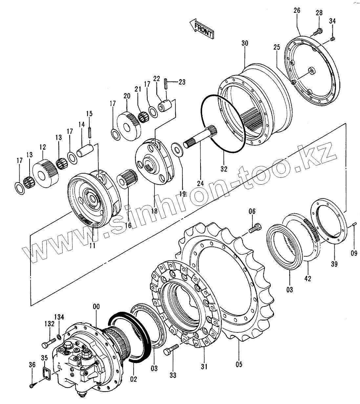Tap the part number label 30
coord(245,43)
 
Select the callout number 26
coord(297,11)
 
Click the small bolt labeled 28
coord(317,32)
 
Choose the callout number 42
coord(307,279)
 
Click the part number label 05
coord(239,364)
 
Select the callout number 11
coord(93,245)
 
